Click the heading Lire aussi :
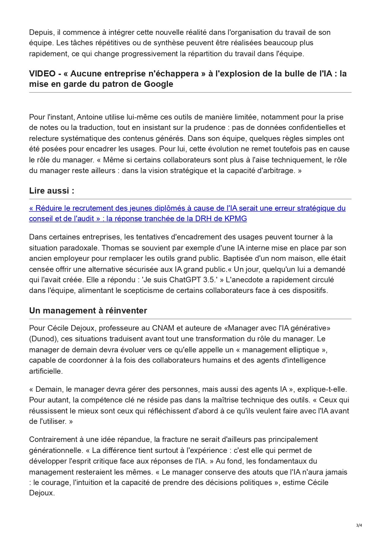click(51, 191)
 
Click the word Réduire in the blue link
click(49, 208)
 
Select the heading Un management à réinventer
click(88, 311)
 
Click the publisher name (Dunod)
click(44, 339)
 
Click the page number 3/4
click(359, 525)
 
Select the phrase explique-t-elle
click(322, 389)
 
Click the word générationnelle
click(56, 450)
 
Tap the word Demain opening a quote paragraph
click(47, 389)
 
